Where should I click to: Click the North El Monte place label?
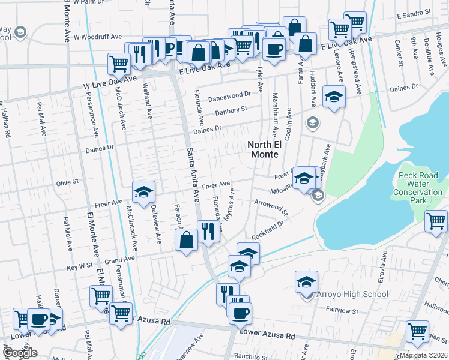(x=263, y=149)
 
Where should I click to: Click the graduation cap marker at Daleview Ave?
(x=143, y=192)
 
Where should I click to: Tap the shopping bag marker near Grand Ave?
(x=187, y=240)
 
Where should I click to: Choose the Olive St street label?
(x=67, y=182)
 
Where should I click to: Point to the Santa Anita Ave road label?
(x=193, y=174)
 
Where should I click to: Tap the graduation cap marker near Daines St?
(x=333, y=96)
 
